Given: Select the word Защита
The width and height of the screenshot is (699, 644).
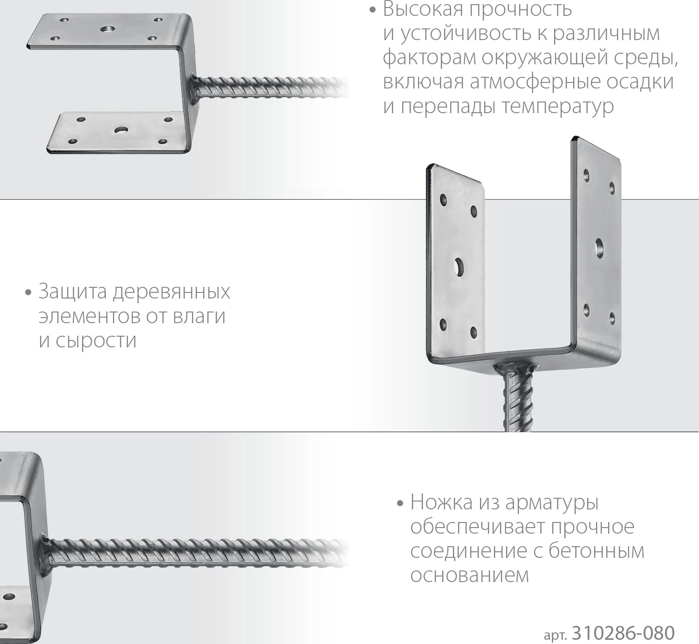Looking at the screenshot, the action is coord(73,291).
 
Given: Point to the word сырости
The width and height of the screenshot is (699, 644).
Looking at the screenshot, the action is coord(96,341).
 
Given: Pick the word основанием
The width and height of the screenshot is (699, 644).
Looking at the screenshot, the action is coord(470,575).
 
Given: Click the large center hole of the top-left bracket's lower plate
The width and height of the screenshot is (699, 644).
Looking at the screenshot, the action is coord(121,131).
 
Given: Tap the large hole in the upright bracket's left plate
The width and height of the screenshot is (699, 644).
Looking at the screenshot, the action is coord(458,267).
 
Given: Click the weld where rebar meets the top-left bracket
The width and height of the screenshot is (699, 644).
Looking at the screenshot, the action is coord(194,88).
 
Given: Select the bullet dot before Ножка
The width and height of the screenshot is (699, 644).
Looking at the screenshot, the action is coord(399,503).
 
